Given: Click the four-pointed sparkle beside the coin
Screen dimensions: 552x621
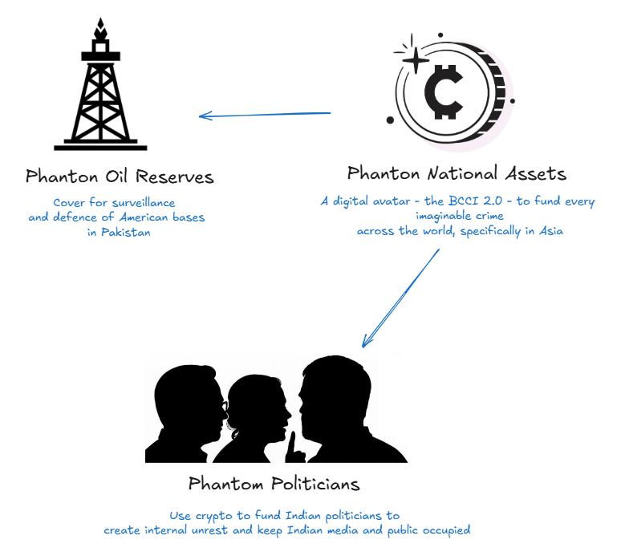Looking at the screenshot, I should point(415,59).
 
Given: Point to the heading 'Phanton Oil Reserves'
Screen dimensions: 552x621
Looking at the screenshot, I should point(120,176).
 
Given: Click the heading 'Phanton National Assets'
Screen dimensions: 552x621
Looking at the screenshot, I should point(457,173).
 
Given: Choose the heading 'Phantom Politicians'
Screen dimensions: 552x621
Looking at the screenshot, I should point(274,484).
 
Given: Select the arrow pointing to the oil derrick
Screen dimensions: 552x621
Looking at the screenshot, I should point(265,115).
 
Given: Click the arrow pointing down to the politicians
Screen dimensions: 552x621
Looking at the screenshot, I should point(401,298).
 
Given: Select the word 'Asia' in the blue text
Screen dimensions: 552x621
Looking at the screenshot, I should point(550,231).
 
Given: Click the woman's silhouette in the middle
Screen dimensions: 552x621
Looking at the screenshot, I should point(255,417).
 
